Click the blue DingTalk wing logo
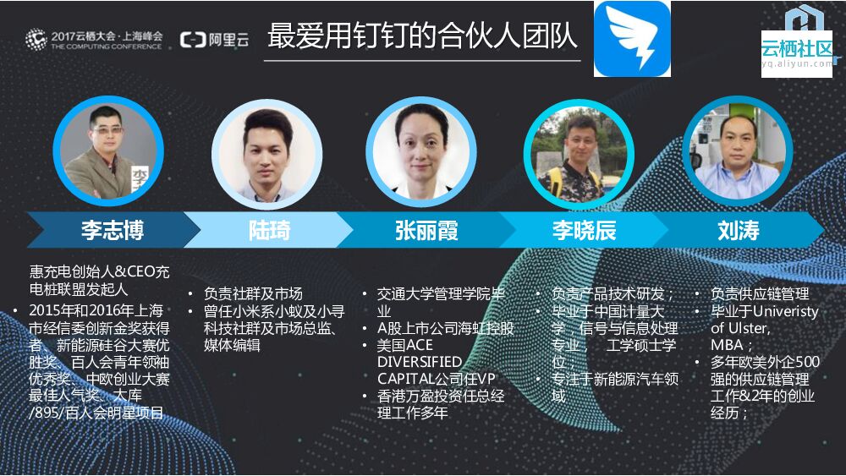[632, 39]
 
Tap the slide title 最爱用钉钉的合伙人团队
[422, 36]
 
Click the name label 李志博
[112, 230]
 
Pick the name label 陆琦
[269, 230]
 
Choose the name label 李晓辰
[584, 230]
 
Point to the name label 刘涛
[738, 230]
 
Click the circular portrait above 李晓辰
[579, 153]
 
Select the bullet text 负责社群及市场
[252, 293]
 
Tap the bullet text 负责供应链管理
[760, 293]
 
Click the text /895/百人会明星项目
[96, 413]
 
